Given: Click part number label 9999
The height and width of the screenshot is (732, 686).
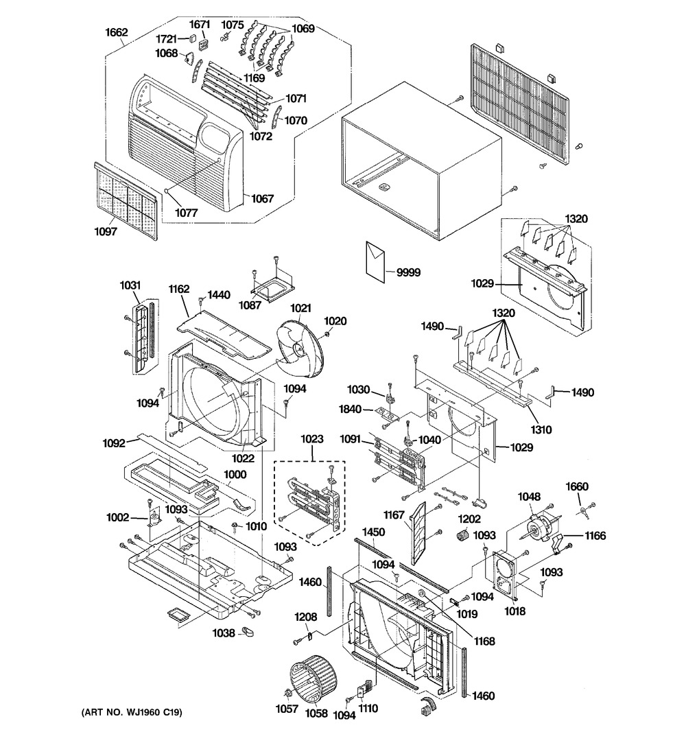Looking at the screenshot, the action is pos(408,272).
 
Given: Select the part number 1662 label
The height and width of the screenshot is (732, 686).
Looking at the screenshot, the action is pos(116,32).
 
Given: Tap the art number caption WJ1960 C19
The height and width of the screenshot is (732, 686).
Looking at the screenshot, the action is pos(132,712).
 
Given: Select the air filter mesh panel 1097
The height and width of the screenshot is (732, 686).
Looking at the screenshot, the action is pos(126,201).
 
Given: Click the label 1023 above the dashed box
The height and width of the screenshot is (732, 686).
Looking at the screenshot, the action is pos(311,439).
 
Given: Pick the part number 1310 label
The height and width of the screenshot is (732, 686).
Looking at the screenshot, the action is pos(541,429).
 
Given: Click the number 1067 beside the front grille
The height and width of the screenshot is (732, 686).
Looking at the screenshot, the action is pos(262,198).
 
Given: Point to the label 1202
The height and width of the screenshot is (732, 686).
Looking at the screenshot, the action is pos(469,519).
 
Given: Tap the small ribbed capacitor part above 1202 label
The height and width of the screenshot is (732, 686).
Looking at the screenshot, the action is pos(462,536).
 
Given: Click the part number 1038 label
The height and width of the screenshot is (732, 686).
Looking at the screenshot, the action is pos(224,633).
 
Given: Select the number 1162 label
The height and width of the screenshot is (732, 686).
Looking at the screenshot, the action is pos(179,289).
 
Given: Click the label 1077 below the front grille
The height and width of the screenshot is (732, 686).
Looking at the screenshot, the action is pos(186,213).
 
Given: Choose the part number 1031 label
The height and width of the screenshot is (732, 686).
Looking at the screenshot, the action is pos(130,285).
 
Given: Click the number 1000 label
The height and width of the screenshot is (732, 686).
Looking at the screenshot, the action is pos(235,474).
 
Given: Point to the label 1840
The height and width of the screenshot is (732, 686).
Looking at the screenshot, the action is pos(350,409).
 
